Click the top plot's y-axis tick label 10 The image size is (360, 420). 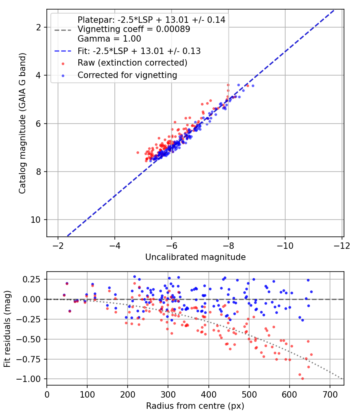click(35, 220)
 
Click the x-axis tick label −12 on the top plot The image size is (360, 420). click(342, 246)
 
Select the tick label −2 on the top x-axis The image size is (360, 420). click(58, 246)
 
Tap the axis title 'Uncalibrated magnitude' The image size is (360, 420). click(195, 257)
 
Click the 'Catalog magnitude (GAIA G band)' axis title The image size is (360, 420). click(22, 123)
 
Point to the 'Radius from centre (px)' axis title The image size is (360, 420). click(195, 406)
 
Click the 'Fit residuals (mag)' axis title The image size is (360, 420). click(7, 329)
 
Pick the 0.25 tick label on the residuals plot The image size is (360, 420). click(31, 279)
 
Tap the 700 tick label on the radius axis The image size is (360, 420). click(330, 394)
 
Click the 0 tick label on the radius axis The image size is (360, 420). click(47, 394)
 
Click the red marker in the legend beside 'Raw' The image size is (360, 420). click(63, 64)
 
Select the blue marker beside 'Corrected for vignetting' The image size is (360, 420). click(63, 76)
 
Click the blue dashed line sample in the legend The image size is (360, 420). click(63, 51)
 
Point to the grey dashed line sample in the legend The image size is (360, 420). click(63, 30)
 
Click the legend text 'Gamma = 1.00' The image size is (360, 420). click(109, 39)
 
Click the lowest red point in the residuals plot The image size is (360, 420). click(302, 378)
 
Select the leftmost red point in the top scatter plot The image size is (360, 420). click(138, 152)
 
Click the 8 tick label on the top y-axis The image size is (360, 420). click(38, 172)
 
